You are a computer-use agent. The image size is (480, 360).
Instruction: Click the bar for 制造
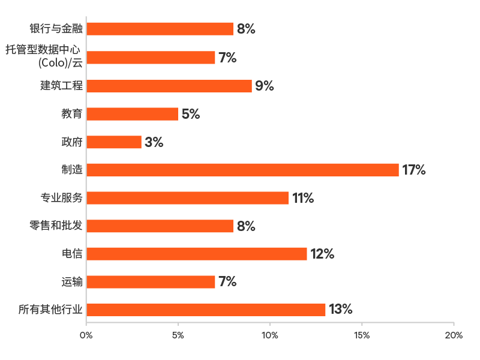coord(243,170)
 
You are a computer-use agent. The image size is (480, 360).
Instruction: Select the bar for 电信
coord(197,254)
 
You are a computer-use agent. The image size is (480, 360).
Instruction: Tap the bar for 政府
coord(114,142)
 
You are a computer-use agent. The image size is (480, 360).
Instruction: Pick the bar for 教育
coord(133,114)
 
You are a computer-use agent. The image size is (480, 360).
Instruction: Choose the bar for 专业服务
coord(188,198)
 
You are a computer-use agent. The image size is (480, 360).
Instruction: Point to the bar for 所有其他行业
coord(206,310)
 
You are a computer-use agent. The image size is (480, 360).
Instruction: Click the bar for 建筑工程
coord(169,86)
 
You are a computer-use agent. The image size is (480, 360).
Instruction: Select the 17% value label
coord(414,170)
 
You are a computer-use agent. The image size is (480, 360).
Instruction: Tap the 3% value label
coord(154,142)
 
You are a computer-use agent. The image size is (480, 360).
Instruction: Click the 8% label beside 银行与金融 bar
coord(246,29)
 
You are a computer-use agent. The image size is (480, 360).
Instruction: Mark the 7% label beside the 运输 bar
coord(227,281)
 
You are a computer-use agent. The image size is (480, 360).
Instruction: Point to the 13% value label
coord(340,310)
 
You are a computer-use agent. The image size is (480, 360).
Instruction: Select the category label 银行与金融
coord(56,29)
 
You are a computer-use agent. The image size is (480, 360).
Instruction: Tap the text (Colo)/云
coord(61,62)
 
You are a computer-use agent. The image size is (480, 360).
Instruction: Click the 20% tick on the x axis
coord(454,335)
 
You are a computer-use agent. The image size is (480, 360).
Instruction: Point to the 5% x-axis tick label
coord(178,335)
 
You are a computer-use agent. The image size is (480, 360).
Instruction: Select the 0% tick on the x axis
coord(86,335)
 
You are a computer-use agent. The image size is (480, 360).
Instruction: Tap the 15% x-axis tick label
coord(362,335)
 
